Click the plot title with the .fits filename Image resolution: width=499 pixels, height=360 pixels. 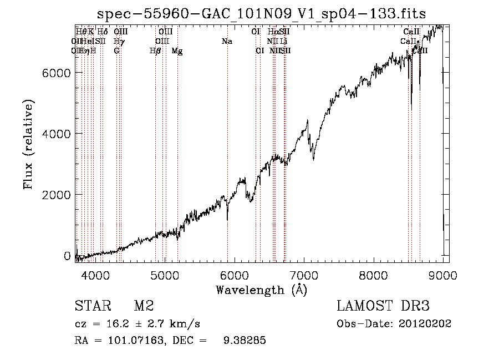[x=262, y=13]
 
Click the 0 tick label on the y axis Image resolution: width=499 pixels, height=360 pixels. [x=67, y=256]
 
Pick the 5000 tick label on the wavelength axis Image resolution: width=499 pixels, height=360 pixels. [x=165, y=275]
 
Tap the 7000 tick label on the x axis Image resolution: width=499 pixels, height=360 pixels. [x=304, y=275]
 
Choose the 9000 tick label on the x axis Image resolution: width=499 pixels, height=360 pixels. [x=443, y=275]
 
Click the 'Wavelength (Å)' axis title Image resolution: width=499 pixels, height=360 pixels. [x=262, y=290]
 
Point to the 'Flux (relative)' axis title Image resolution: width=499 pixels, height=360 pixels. [x=29, y=144]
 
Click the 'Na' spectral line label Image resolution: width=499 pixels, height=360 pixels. [x=227, y=42]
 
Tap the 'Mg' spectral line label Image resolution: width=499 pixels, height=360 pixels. [x=177, y=51]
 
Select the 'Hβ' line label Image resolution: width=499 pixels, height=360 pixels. [x=156, y=51]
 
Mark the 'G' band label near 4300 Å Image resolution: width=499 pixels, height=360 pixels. [x=116, y=51]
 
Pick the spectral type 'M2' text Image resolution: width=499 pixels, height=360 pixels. [x=144, y=306]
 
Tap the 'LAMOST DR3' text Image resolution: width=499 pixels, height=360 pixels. [x=383, y=306]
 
